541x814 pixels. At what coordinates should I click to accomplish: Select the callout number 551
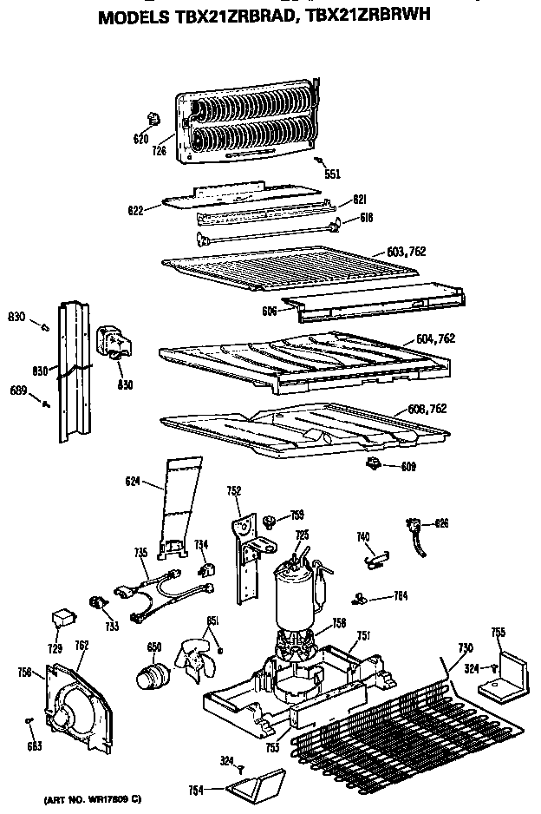click(x=332, y=174)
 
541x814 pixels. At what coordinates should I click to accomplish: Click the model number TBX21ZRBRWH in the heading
click(x=372, y=16)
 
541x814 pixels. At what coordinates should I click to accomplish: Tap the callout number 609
click(x=407, y=467)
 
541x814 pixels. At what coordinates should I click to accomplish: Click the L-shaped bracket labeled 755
click(x=505, y=677)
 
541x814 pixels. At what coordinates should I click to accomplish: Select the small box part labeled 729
click(x=61, y=618)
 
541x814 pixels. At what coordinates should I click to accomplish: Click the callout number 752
click(x=233, y=490)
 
